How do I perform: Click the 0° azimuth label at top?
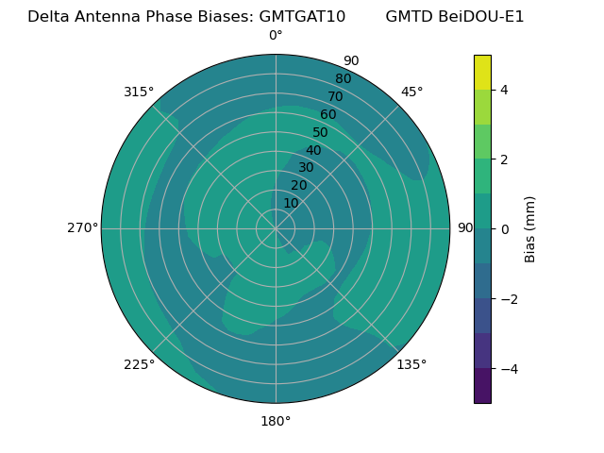pyautogui.click(x=276, y=36)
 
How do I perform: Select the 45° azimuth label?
pyautogui.click(x=411, y=92)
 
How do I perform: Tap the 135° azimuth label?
pyautogui.click(x=411, y=364)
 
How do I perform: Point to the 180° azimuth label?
pyautogui.click(x=276, y=421)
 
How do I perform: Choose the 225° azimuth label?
pyautogui.click(x=139, y=364)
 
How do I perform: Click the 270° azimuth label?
pyautogui.click(x=82, y=227)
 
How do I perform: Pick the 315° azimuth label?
pyautogui.click(x=139, y=92)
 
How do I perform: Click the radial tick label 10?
pyautogui.click(x=291, y=203)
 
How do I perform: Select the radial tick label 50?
pyautogui.click(x=320, y=132)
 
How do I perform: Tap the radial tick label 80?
pyautogui.click(x=343, y=78)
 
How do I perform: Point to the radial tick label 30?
pyautogui.click(x=306, y=168)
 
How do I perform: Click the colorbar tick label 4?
pyautogui.click(x=504, y=90)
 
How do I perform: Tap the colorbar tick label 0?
pyautogui.click(x=504, y=228)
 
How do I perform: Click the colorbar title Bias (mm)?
pyautogui.click(x=530, y=228)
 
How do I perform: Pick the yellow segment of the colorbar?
pyautogui.click(x=482, y=72)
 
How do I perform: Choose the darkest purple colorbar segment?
pyautogui.click(x=482, y=385)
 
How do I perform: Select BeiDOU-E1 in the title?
pyautogui.click(x=481, y=16)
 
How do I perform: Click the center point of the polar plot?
pyautogui.click(x=276, y=228)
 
